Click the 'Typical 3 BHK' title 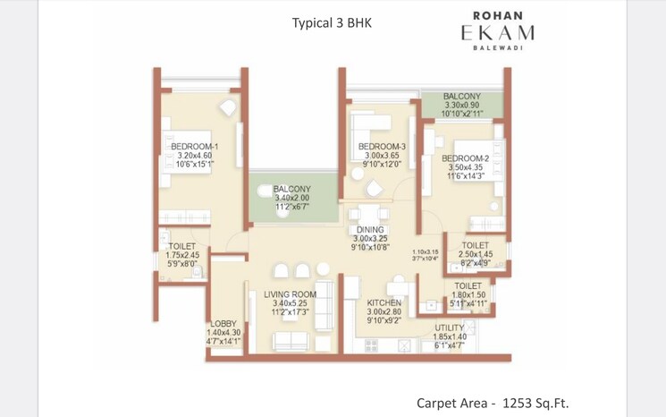(x=332, y=22)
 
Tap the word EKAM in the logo (x=497, y=33)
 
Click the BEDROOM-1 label (x=195, y=147)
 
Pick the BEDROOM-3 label (x=382, y=147)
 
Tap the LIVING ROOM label (x=291, y=294)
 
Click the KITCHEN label (x=384, y=303)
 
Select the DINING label (x=369, y=230)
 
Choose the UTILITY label (x=450, y=328)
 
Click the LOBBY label (x=223, y=324)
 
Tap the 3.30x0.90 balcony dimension (x=462, y=106)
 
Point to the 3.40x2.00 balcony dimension (x=292, y=198)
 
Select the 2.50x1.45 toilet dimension (x=475, y=255)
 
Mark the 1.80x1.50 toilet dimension (x=468, y=295)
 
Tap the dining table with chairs (x=367, y=216)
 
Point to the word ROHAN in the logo (x=497, y=14)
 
